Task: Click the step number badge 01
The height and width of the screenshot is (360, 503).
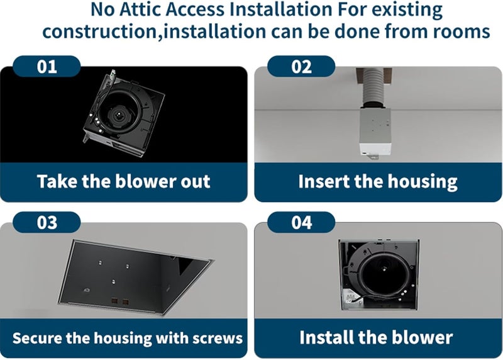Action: pyautogui.click(x=47, y=66)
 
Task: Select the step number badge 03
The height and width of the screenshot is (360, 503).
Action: pyautogui.click(x=47, y=222)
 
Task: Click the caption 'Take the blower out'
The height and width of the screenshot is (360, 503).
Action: pyautogui.click(x=123, y=182)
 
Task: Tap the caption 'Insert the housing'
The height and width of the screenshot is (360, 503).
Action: pyautogui.click(x=378, y=182)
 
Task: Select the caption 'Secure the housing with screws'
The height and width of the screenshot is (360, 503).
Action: pyautogui.click(x=128, y=338)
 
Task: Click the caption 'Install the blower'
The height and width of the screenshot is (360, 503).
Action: pyautogui.click(x=376, y=337)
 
